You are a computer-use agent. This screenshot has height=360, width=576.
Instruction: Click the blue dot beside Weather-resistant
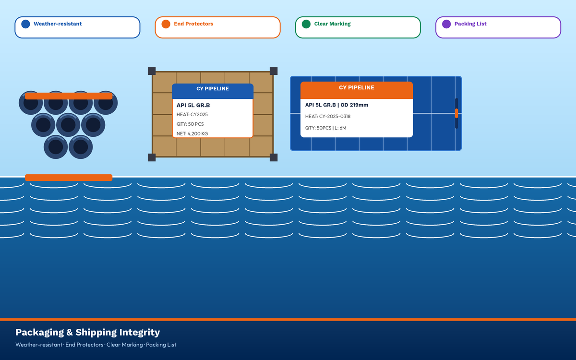25,24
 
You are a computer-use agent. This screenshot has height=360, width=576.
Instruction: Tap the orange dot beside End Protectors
166,24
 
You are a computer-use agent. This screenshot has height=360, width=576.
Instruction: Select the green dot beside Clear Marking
306,24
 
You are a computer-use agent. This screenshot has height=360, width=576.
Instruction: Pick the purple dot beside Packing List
446,24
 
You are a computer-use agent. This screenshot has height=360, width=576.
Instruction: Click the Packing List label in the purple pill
470,24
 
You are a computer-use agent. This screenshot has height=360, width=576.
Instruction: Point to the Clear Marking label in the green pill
332,24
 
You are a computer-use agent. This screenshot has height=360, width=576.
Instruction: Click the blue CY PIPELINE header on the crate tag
213,91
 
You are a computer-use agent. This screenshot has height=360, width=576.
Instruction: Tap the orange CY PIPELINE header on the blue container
357,90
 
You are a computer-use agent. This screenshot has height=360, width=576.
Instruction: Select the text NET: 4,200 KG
192,134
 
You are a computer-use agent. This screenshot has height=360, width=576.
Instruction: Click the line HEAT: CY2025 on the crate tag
192,114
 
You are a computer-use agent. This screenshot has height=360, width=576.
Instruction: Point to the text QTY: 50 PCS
190,124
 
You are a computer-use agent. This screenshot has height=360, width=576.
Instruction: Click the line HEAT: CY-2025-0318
327,117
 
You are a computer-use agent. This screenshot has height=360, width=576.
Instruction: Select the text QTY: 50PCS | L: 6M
325,128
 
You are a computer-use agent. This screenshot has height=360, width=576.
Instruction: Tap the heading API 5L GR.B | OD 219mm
336,105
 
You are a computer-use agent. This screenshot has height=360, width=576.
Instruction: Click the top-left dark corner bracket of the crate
152,71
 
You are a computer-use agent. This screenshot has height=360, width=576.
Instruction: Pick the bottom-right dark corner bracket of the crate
274,157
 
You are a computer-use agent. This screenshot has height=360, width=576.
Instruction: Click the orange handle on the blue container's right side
456,113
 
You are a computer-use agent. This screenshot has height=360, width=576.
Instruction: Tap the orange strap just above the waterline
69,178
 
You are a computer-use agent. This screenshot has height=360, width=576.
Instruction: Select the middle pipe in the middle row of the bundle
68,125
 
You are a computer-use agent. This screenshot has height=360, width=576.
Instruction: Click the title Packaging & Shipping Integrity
88,332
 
